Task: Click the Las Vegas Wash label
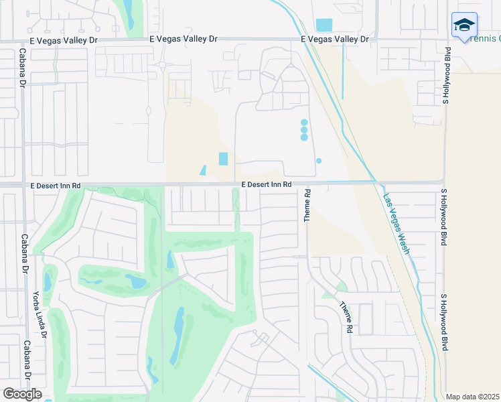click(x=396, y=224)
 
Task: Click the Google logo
click(x=22, y=394)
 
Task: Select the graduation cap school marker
click(x=464, y=25)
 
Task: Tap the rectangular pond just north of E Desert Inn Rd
click(x=223, y=159)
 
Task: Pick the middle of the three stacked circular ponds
click(x=304, y=130)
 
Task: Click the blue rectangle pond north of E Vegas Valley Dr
click(x=324, y=25)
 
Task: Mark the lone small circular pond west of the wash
click(x=319, y=161)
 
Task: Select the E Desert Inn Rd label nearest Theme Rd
click(x=267, y=184)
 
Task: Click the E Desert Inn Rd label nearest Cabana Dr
click(x=55, y=185)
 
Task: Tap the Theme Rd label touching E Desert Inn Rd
click(x=307, y=206)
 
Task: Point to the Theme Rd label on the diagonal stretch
click(x=346, y=318)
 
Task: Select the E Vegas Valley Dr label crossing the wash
click(x=335, y=40)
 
